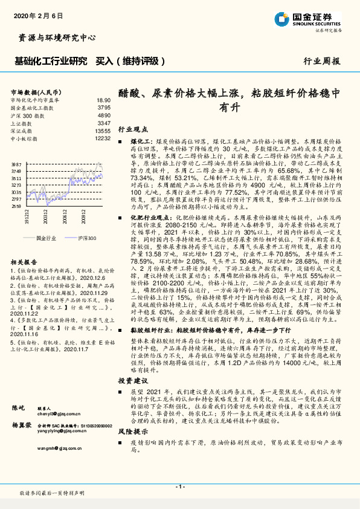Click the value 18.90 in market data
point(103,100)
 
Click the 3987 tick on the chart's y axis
point(16,164)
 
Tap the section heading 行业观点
point(132,129)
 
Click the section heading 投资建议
point(132,381)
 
